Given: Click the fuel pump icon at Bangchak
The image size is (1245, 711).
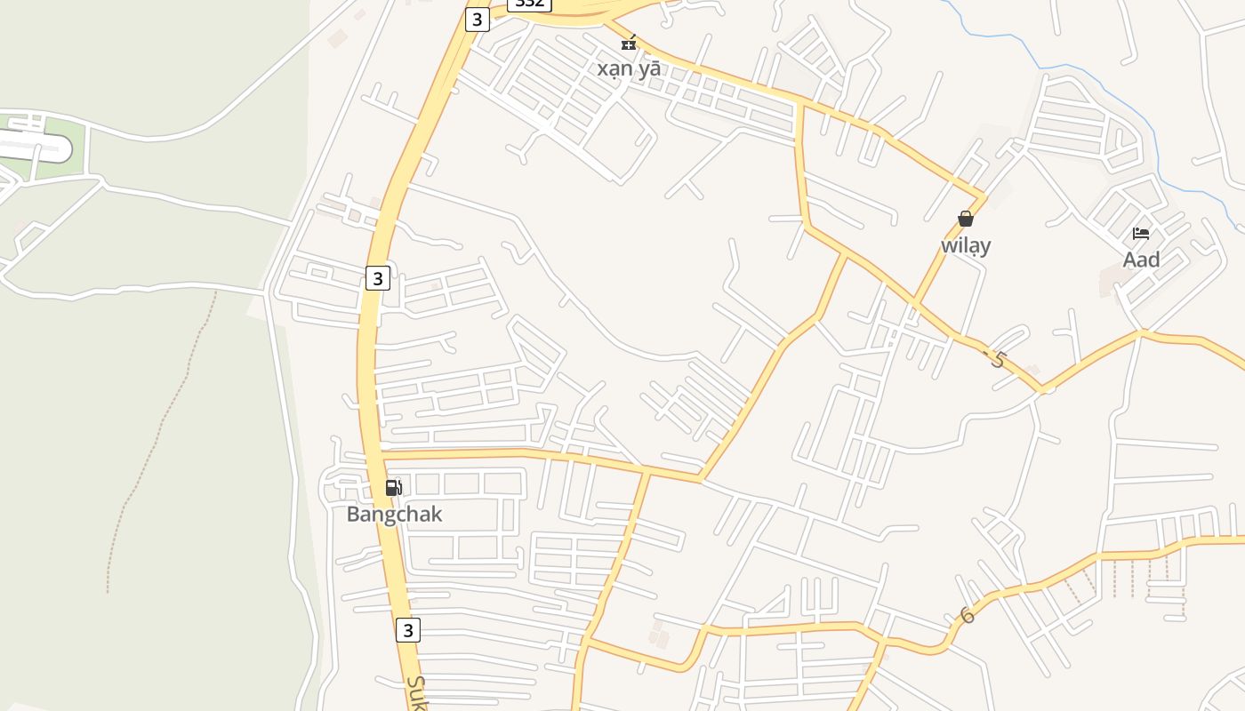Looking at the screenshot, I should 393,487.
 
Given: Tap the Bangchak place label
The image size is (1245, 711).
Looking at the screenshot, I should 394,515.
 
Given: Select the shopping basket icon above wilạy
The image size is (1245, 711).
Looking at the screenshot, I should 965,218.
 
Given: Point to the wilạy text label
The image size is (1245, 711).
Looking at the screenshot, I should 966,245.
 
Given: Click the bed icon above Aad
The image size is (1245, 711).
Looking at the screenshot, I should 1141,234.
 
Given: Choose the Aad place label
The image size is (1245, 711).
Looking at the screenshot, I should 1141,260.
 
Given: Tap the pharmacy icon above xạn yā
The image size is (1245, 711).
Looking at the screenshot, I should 629,43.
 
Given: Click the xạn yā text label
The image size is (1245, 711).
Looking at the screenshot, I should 629,68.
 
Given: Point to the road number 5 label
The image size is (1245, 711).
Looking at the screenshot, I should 997,360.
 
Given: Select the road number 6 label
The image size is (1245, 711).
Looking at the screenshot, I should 967,615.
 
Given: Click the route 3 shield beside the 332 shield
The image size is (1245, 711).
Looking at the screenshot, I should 478,19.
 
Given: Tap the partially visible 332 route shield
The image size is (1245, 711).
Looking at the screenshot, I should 530,4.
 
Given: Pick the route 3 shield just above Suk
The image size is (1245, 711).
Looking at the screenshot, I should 407,630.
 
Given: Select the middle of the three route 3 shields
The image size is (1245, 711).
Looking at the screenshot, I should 378,278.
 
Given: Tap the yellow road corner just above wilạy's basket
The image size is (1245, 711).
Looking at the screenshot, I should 984,195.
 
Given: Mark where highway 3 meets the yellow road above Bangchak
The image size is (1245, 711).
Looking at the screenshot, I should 377,455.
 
